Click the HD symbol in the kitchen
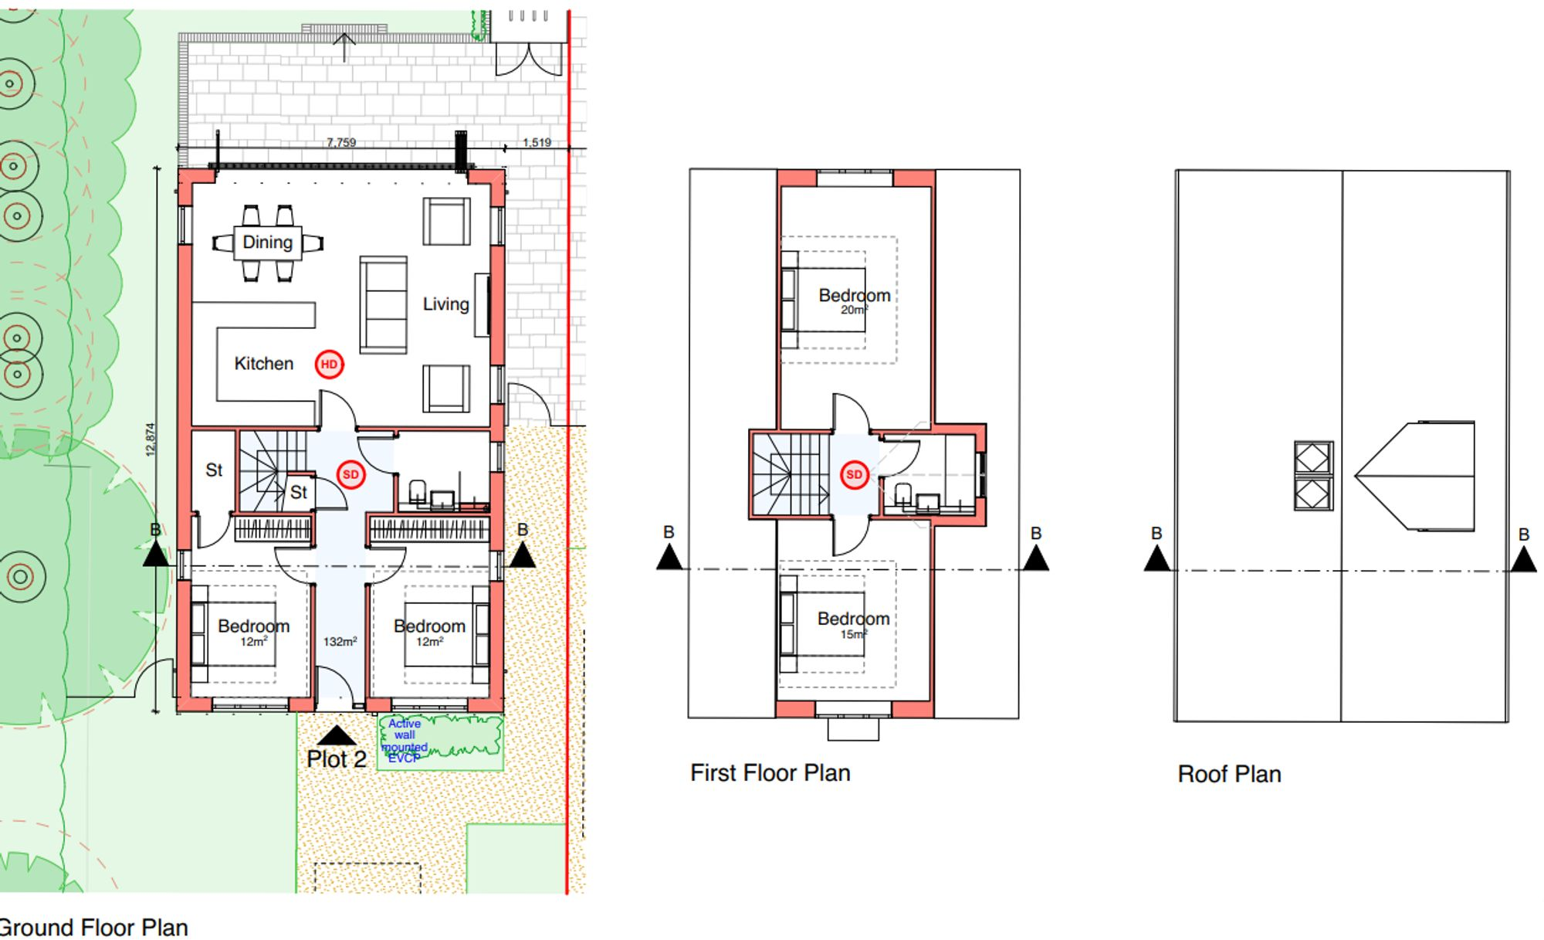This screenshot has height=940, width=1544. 329,365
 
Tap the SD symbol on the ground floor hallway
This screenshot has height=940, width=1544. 350,474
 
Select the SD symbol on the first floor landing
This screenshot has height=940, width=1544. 854,474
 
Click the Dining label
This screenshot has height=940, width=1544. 267,243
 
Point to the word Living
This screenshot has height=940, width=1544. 445,304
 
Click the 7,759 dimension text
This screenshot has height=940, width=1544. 341,142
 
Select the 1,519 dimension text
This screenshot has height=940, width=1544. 537,142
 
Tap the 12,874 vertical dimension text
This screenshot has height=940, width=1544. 151,439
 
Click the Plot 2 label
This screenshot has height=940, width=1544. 336,759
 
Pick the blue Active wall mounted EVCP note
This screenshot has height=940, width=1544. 405,741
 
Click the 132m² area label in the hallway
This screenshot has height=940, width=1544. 340,642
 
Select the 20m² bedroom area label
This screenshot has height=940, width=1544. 854,310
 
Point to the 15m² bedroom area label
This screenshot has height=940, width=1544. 853,634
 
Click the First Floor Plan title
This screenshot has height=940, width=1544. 770,773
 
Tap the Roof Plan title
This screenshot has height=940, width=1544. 1229,774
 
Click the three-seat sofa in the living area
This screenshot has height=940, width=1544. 383,305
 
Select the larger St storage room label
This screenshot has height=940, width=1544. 214,470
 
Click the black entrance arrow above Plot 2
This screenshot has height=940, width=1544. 337,735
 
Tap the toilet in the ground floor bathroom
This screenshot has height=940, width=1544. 418,491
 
